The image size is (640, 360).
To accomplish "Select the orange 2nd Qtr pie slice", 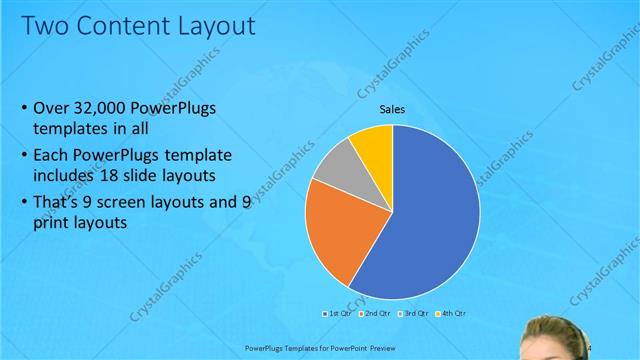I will pyautogui.click(x=335, y=225).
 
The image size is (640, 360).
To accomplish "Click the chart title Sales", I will pyautogui.click(x=392, y=109).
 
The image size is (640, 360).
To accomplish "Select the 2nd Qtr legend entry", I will pyautogui.click(x=374, y=313).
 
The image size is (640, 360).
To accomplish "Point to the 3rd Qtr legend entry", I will pyautogui.click(x=411, y=313).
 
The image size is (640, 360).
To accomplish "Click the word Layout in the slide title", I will pyautogui.click(x=210, y=24).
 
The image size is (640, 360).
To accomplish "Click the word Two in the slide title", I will pyautogui.click(x=44, y=24).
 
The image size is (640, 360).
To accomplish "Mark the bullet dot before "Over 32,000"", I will pyautogui.click(x=24, y=109).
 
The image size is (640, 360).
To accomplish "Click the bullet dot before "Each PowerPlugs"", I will pyautogui.click(x=24, y=155).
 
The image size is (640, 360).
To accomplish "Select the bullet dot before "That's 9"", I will pyautogui.click(x=24, y=201).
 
